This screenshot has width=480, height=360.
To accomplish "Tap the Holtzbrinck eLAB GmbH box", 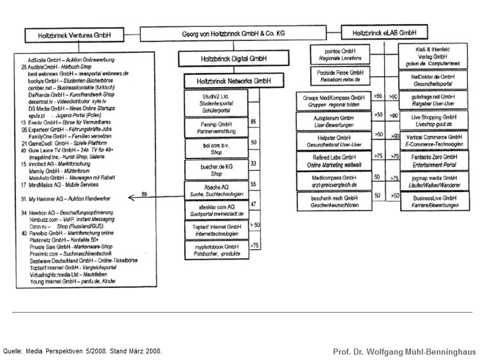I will tap(383, 32).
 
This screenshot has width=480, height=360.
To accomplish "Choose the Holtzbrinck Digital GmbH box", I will tap(223, 59).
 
